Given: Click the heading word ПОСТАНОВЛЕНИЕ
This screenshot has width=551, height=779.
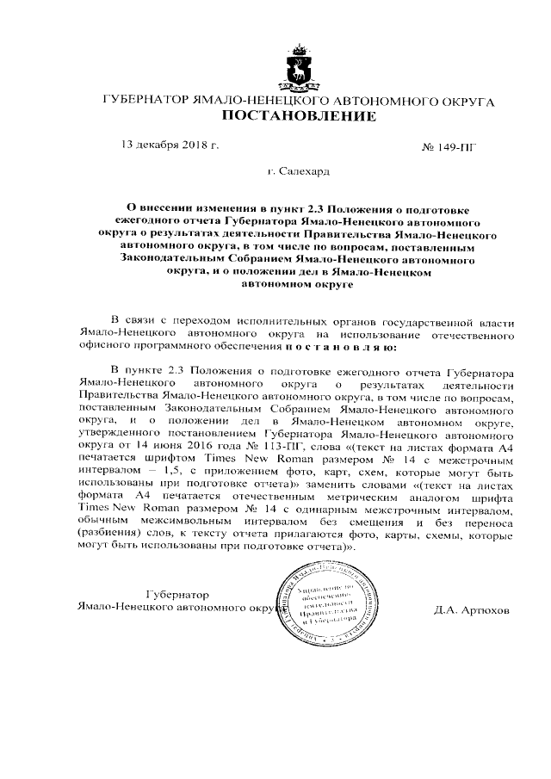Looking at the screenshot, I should pyautogui.click(x=299, y=116).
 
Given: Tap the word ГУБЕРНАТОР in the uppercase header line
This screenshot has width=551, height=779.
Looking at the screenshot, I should pyautogui.click(x=141, y=101).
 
